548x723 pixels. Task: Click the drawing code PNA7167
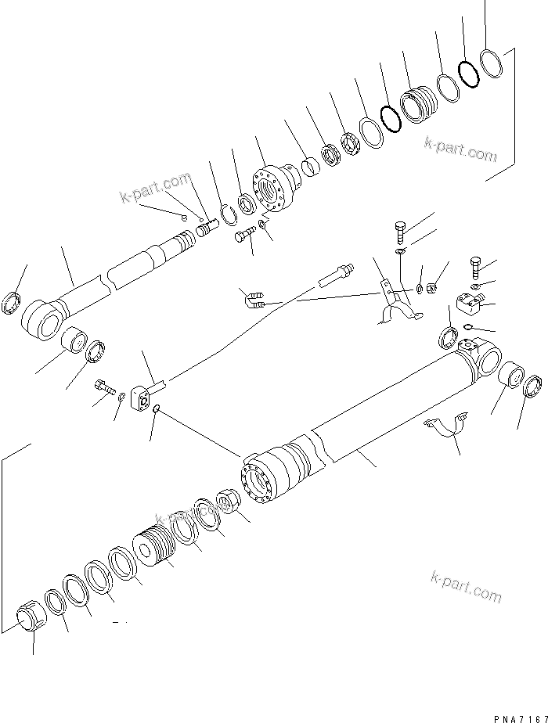click(x=514, y=714)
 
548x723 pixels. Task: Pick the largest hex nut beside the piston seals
click(x=32, y=620)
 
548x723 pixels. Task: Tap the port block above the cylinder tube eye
click(x=470, y=301)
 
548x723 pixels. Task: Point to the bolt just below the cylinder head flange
click(x=244, y=236)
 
